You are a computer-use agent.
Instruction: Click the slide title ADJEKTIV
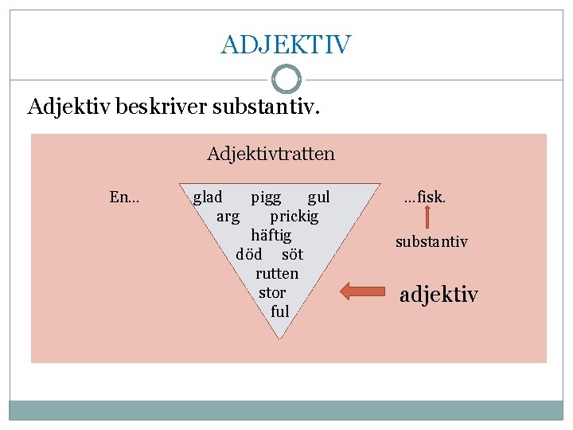(286, 45)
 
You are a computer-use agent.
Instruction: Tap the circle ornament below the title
(286, 80)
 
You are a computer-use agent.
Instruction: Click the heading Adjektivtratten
(271, 153)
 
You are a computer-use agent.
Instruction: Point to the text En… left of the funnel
(124, 197)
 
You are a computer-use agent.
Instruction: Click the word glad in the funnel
(208, 197)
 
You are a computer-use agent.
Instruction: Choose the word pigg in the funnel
(266, 197)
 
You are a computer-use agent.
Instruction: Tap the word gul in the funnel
(318, 197)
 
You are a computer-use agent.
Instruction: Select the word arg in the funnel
(228, 216)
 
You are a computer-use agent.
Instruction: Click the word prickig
(294, 216)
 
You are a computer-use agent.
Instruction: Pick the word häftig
(271, 235)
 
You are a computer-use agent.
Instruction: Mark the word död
(249, 254)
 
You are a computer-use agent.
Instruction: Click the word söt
(292, 254)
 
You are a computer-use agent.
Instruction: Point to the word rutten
(277, 273)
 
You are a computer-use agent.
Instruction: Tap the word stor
(272, 292)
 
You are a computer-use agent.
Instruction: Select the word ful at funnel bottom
(279, 311)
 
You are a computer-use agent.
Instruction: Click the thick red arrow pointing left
(362, 291)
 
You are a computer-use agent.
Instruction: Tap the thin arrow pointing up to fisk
(427, 217)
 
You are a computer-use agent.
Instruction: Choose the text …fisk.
(425, 197)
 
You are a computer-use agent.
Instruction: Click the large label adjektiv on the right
(439, 295)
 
